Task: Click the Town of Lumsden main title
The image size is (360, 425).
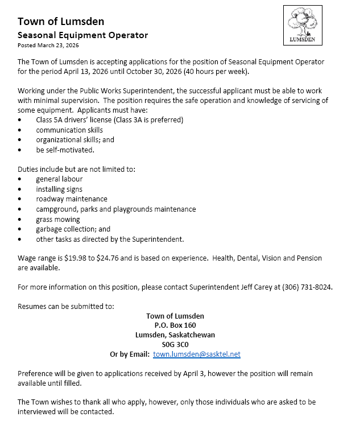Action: point(60,22)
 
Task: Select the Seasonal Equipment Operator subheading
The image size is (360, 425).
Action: point(82,35)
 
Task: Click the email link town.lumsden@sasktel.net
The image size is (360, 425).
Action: point(197,354)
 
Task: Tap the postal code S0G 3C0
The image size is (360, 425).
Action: point(175,344)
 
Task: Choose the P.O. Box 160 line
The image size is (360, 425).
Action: point(175,325)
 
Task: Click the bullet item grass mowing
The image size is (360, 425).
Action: point(58,219)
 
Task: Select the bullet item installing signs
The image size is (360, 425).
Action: point(59,189)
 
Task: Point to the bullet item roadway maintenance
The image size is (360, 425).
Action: point(72,199)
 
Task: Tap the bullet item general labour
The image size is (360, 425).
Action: point(59,179)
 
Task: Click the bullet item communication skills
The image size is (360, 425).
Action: point(69,130)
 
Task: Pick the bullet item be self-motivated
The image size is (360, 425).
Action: point(65,150)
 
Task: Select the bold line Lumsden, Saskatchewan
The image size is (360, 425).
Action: point(175,335)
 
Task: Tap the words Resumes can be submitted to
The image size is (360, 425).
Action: point(66,306)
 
